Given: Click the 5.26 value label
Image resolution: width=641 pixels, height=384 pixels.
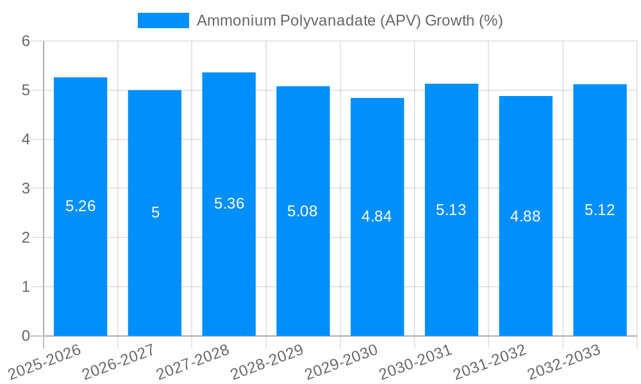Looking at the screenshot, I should point(80,206).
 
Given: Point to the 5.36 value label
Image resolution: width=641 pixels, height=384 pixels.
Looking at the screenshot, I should point(229,204).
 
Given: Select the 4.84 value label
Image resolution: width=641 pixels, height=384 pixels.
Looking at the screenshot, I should point(377,216).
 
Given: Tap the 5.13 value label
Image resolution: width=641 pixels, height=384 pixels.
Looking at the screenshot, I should point(451,210).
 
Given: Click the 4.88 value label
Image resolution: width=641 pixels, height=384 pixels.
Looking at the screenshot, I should point(526,216).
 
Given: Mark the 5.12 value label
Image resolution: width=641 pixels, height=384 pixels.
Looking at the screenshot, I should point(600,210).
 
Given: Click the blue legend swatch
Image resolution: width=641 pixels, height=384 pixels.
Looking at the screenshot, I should point(163,20).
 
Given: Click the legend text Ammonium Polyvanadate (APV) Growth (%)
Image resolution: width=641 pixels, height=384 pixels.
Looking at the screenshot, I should point(349,20).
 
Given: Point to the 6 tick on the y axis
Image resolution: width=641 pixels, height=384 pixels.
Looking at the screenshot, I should point(26,41).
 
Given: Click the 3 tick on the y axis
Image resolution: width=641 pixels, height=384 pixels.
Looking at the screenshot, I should point(26,189).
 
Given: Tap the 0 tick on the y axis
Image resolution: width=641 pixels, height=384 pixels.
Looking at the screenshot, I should point(26,336).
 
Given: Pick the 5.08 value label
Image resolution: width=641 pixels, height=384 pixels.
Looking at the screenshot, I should point(303,211).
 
